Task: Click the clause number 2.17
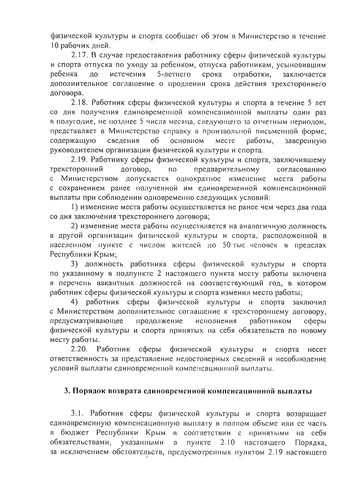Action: point(79,56)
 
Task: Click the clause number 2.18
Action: point(79,103)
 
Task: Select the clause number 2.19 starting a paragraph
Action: point(79,160)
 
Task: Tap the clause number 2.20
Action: point(79,350)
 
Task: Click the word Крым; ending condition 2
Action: point(106,255)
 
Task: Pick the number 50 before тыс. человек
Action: point(224,245)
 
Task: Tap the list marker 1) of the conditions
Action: point(74,207)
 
